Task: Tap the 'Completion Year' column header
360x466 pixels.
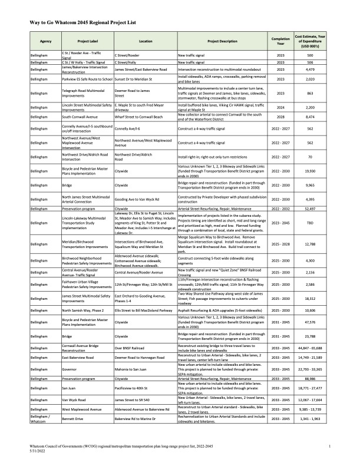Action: pos(280,42)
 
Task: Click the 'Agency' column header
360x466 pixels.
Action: pos(46,42)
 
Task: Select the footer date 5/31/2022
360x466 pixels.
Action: pos(38,452)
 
